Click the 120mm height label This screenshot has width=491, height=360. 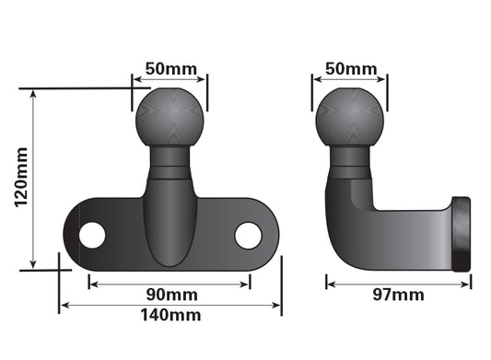pyautogui.click(x=21, y=177)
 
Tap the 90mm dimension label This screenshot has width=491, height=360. pyautogui.click(x=172, y=295)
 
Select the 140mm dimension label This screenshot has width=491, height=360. pyautogui.click(x=170, y=315)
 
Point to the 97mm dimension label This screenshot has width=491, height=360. pyautogui.click(x=398, y=295)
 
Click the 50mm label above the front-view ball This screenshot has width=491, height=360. pyautogui.click(x=171, y=68)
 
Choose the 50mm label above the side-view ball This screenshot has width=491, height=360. pyautogui.click(x=351, y=68)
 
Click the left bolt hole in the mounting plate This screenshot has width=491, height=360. pyautogui.click(x=92, y=235)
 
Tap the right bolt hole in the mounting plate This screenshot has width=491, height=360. pyautogui.click(x=248, y=236)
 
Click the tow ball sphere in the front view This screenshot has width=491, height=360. pyautogui.click(x=170, y=117)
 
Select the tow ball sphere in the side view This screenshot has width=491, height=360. pyautogui.click(x=349, y=117)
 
